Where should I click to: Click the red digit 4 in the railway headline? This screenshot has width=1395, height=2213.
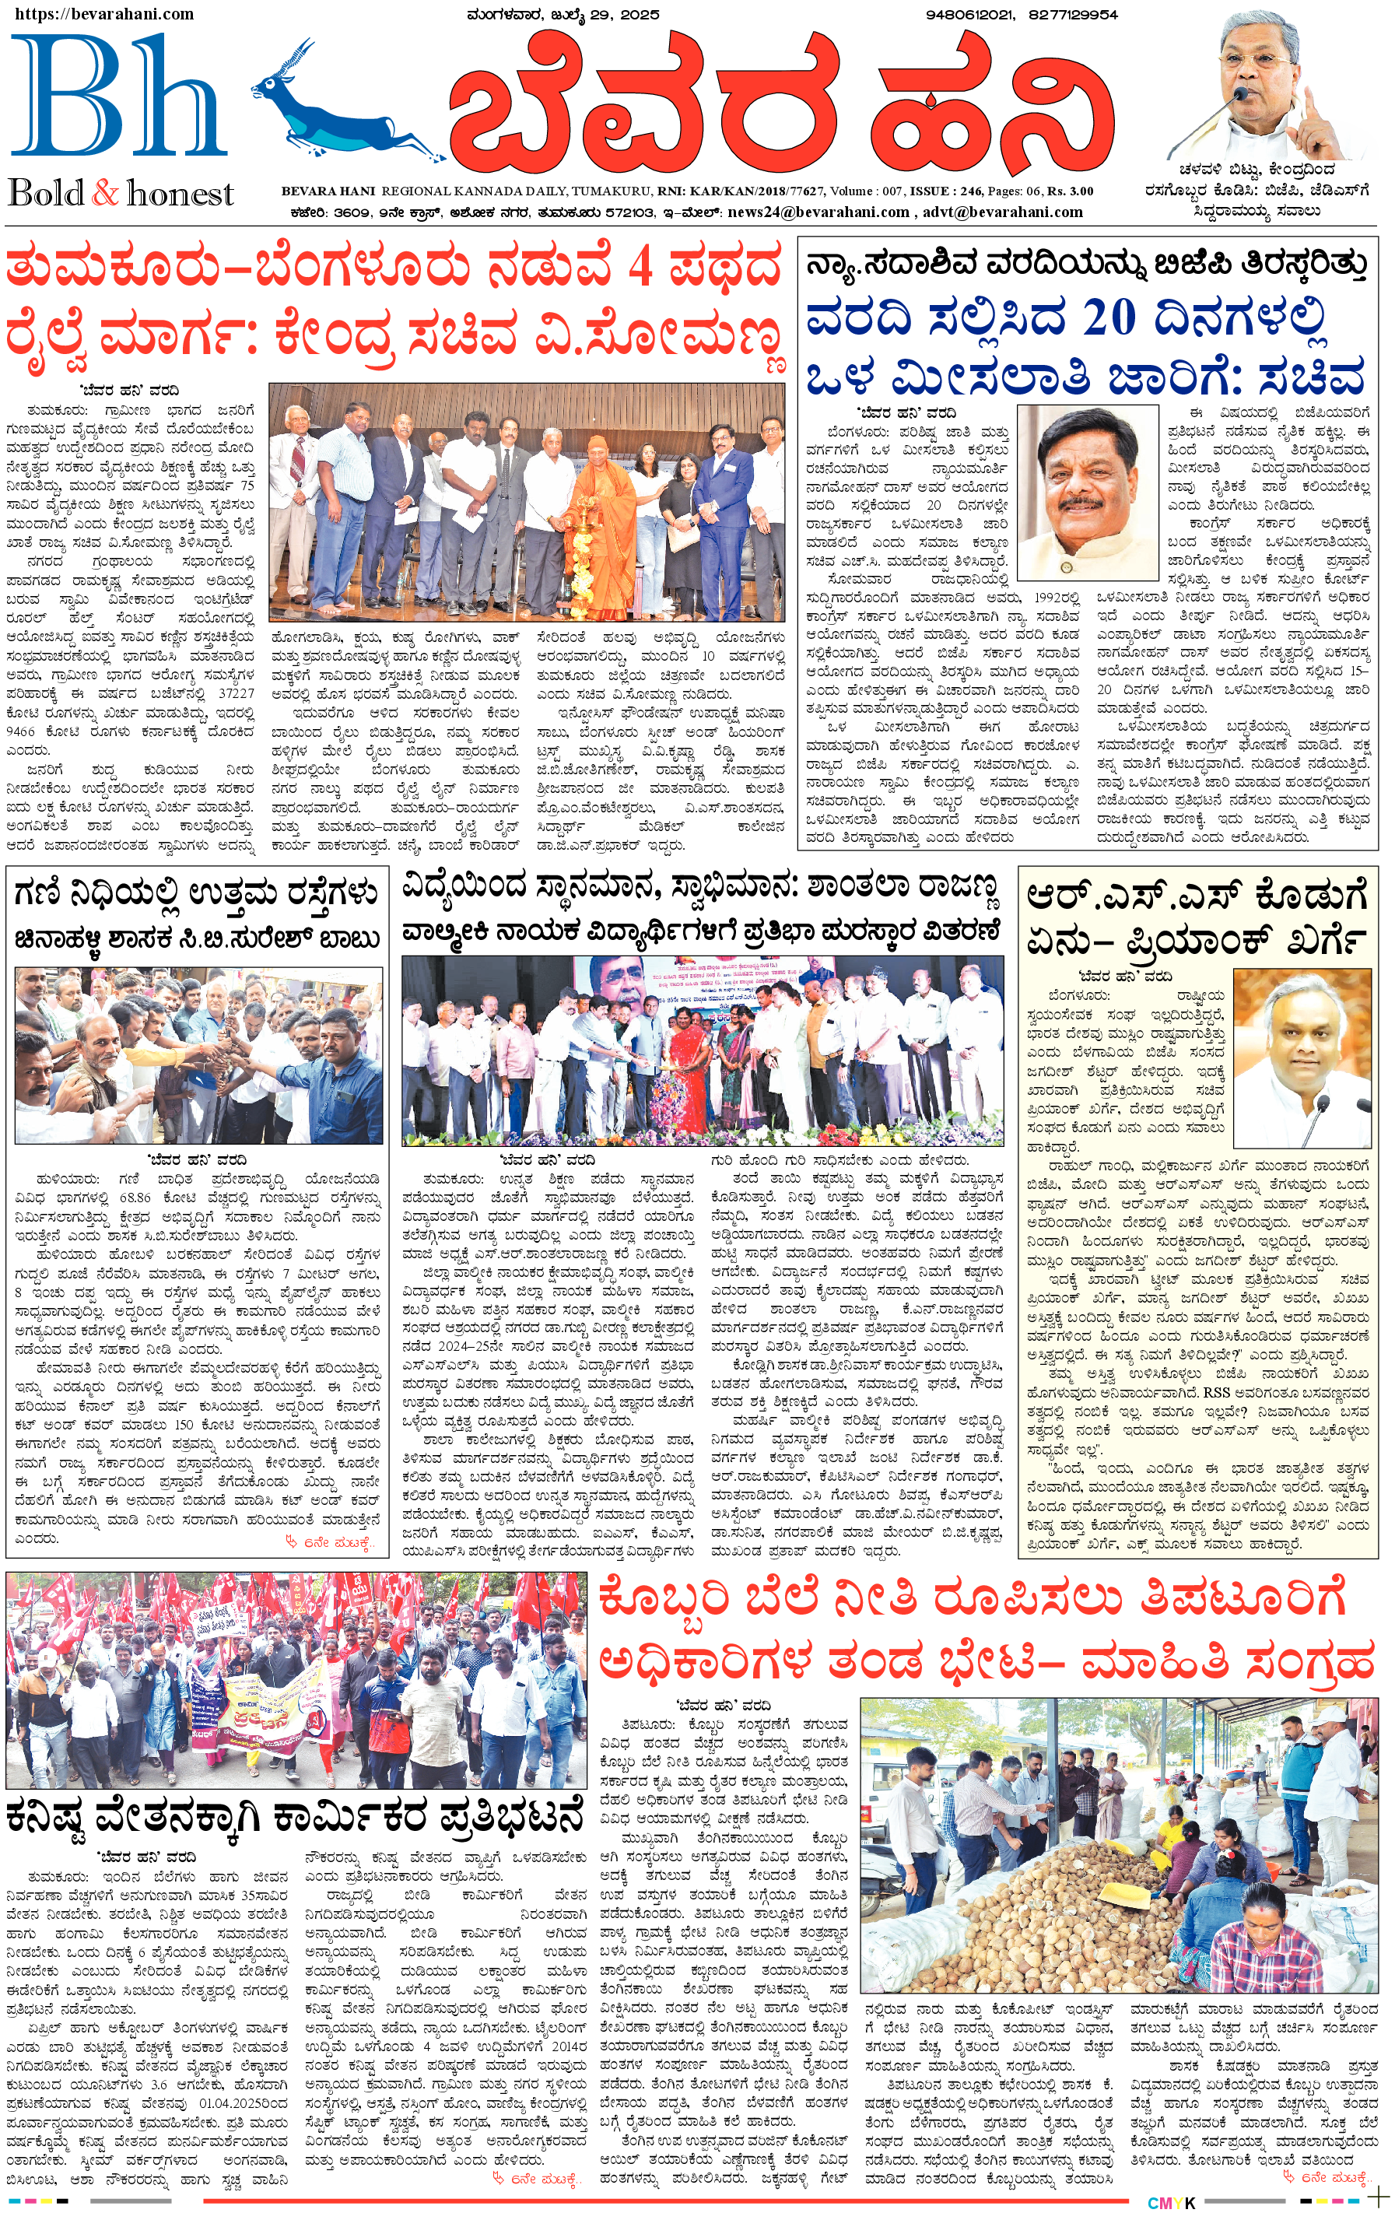tap(640, 269)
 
